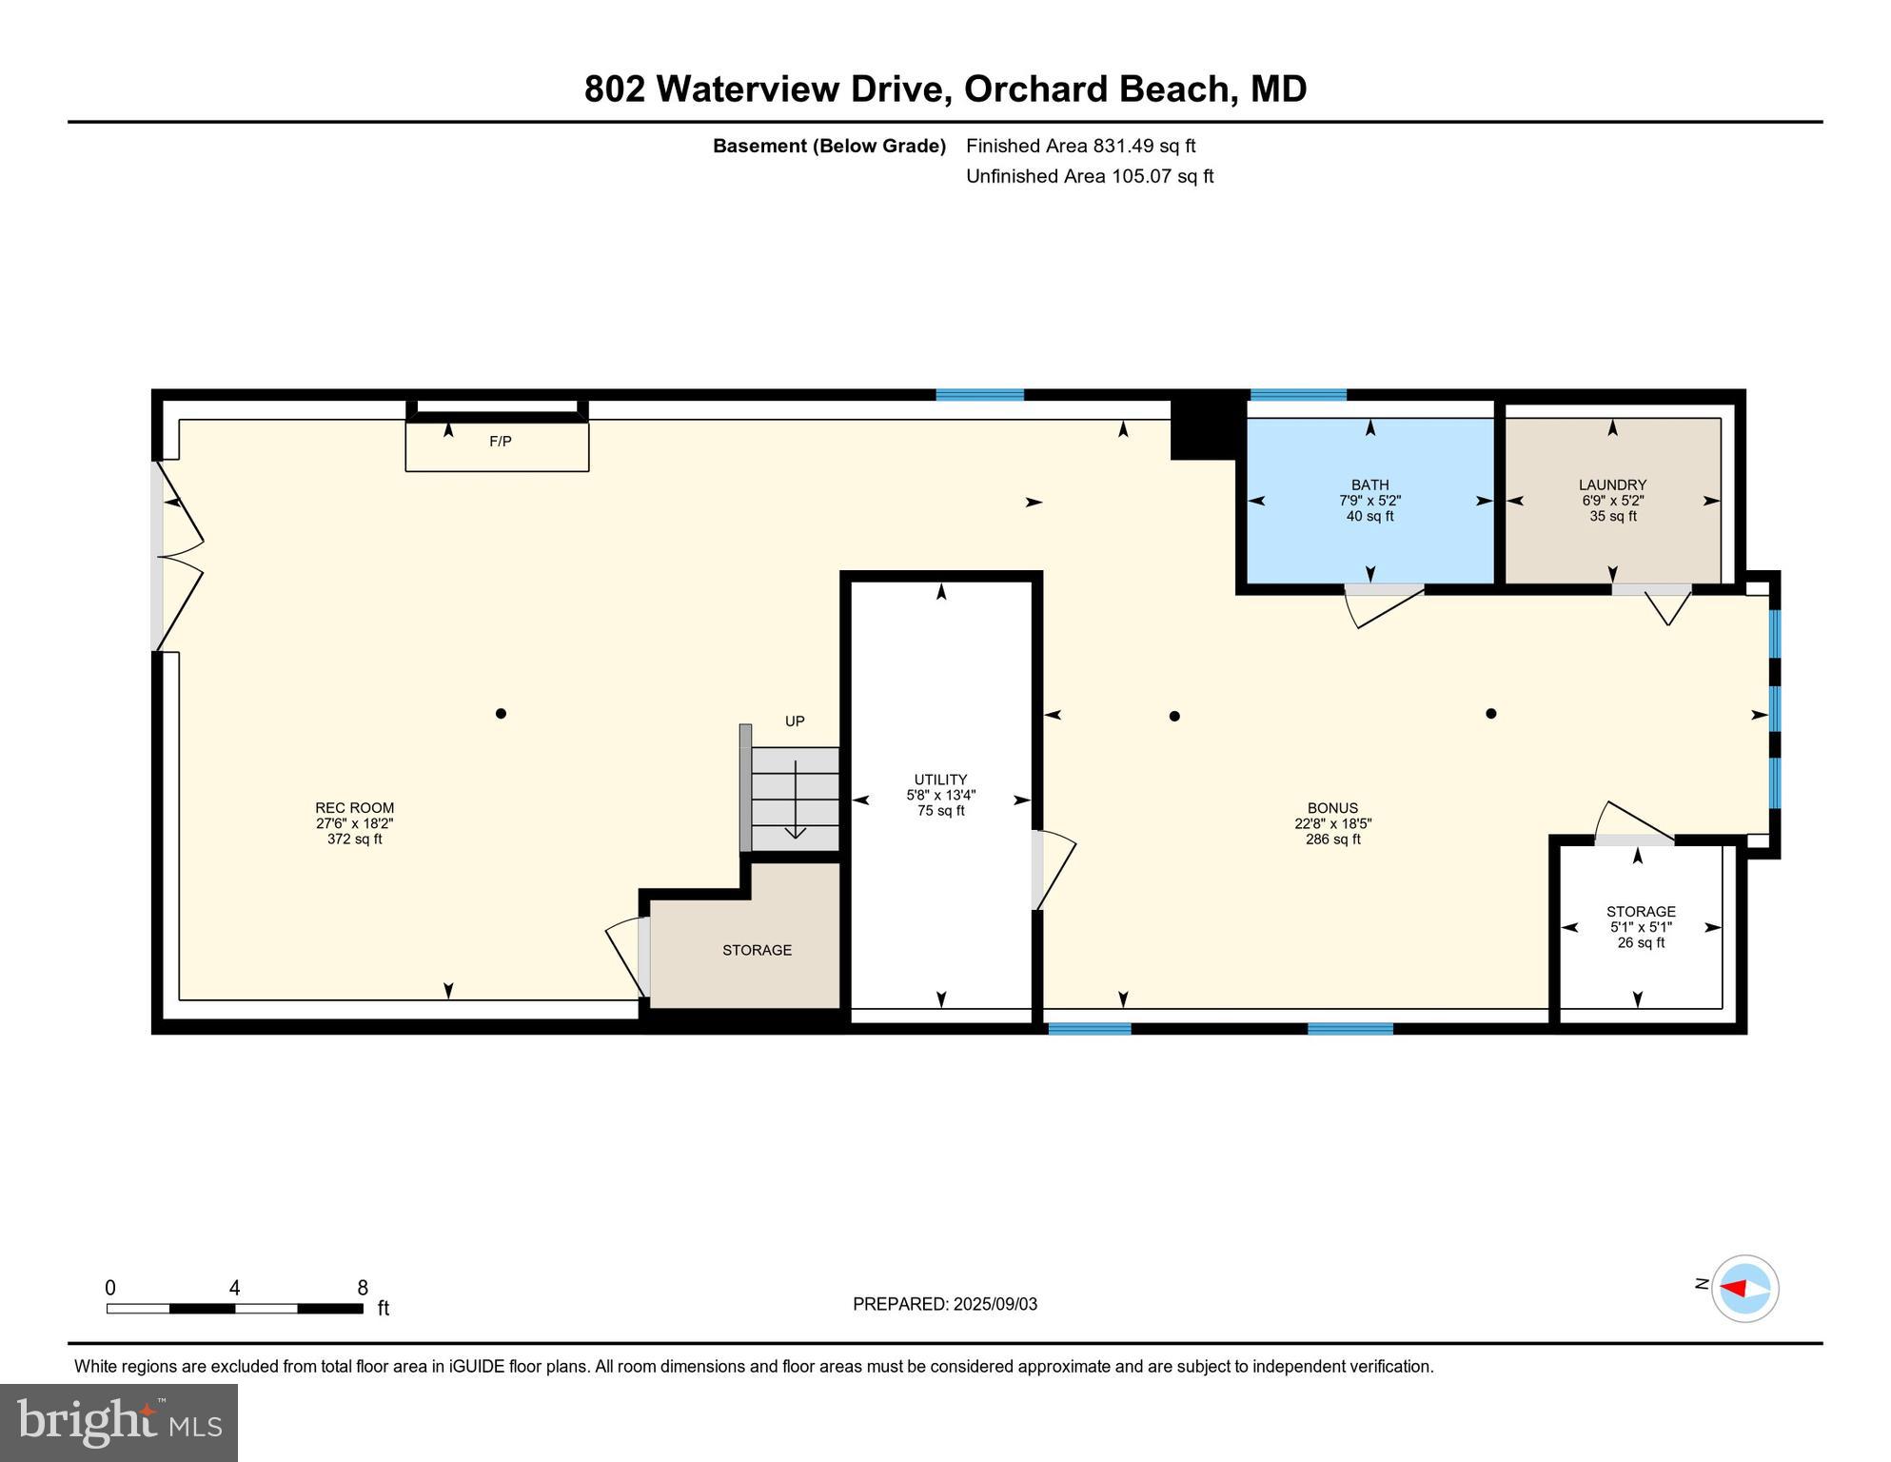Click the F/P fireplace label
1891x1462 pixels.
coord(500,442)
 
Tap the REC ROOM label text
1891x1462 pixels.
coord(354,808)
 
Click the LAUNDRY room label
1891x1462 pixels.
coord(1612,485)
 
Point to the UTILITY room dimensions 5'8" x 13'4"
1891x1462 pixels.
coord(940,796)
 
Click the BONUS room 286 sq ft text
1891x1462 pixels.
coord(1332,840)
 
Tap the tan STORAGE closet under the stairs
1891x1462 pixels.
coord(757,950)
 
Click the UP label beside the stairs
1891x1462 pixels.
coord(795,721)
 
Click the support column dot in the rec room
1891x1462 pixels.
coord(501,714)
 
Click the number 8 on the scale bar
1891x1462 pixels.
coord(363,1289)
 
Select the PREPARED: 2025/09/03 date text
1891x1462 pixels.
coord(944,1304)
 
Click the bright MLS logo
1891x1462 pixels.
coord(119,1423)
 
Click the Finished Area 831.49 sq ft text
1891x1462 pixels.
coord(1080,146)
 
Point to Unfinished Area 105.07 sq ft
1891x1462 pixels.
coord(1089,176)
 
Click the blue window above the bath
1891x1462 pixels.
coord(1298,395)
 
